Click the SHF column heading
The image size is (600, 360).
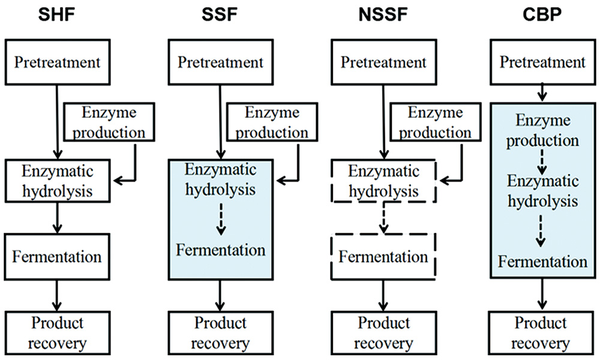[x=56, y=14]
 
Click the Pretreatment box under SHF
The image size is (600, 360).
[x=56, y=63]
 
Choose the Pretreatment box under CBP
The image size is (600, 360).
[x=542, y=63]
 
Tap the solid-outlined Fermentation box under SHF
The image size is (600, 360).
[x=56, y=257]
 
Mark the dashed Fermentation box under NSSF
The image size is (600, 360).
[x=383, y=257]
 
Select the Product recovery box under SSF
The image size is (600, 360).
[x=220, y=333]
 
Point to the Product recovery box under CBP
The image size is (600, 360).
[x=542, y=333]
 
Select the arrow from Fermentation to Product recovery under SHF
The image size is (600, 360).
[x=56, y=296]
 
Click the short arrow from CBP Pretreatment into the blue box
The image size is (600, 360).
[x=542, y=93]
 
